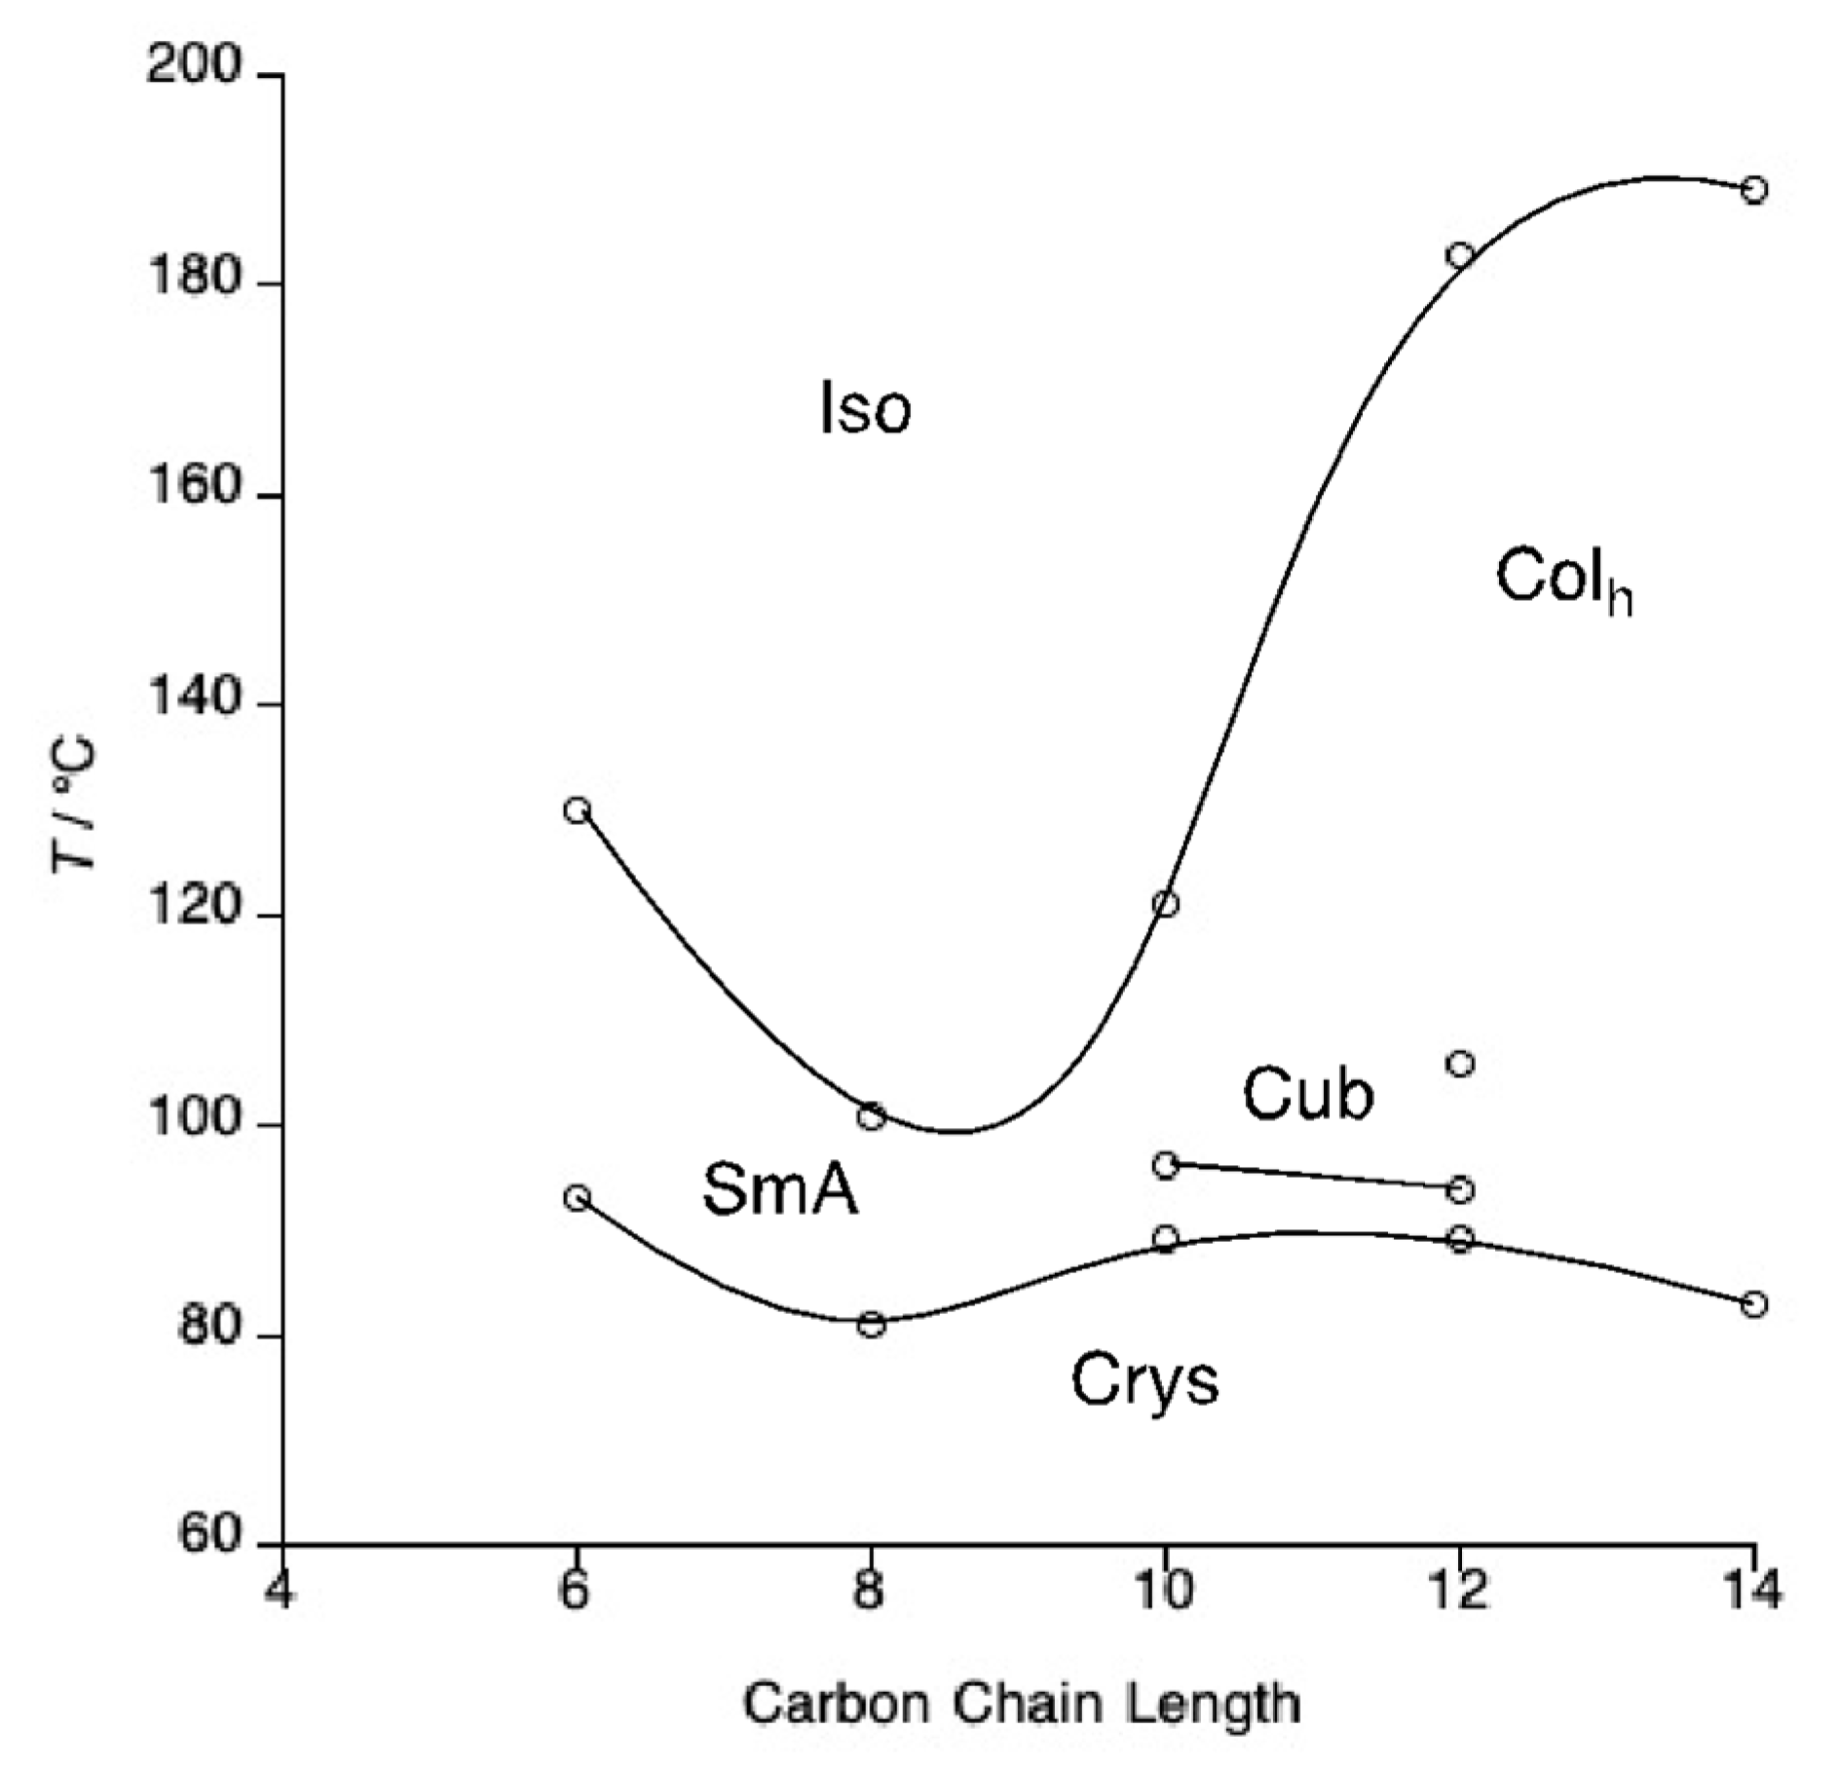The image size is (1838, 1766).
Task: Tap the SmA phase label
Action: (x=780, y=1190)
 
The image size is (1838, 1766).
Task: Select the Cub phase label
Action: (x=1307, y=1094)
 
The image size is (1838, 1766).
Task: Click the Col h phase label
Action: (x=1563, y=579)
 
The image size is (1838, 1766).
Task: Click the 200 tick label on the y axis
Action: (x=193, y=68)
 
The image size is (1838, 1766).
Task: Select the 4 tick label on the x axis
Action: (x=281, y=1594)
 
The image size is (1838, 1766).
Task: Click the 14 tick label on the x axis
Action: (x=1752, y=1594)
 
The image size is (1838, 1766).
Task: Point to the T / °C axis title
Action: (x=76, y=804)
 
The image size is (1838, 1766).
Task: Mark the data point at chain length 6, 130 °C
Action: (x=579, y=810)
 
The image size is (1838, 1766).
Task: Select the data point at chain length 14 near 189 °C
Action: (x=1754, y=189)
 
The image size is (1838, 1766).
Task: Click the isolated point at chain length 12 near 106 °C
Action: (x=1460, y=1064)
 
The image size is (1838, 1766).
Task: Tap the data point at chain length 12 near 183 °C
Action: (x=1460, y=255)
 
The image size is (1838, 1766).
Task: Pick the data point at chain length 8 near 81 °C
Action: (x=872, y=1325)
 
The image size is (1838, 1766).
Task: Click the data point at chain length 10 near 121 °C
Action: (x=1166, y=904)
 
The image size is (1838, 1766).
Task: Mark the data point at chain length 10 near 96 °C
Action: (x=1166, y=1165)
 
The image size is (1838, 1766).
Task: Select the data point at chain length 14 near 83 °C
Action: (x=1754, y=1304)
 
